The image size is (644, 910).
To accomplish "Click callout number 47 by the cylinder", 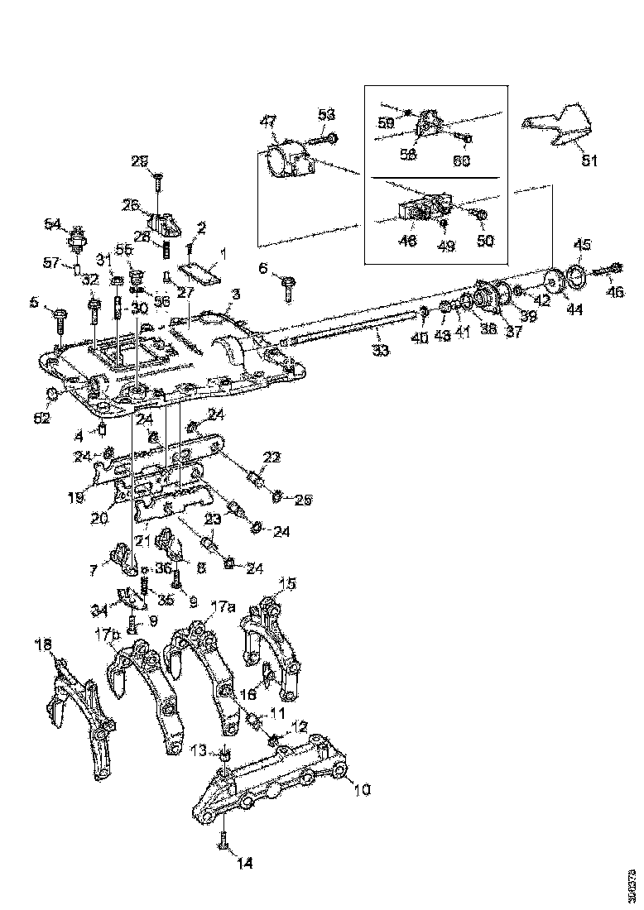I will point(269,122).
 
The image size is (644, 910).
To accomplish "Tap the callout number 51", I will point(588,161).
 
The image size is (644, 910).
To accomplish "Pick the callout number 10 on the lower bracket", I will point(362,790).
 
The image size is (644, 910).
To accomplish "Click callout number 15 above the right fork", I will point(286,584).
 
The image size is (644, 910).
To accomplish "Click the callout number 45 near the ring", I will point(584,245).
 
